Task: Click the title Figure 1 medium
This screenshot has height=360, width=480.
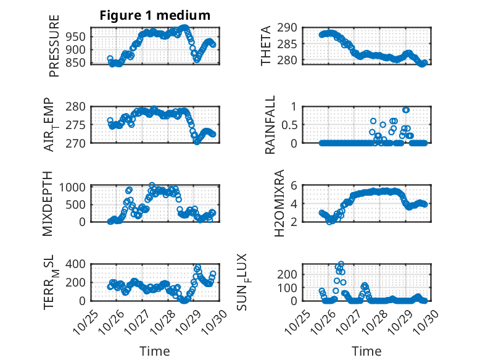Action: (x=155, y=15)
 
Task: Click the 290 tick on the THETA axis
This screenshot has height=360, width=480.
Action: (x=289, y=27)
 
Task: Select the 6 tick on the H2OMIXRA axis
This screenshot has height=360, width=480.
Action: (x=295, y=186)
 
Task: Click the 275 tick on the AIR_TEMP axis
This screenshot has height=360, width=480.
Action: (x=77, y=124)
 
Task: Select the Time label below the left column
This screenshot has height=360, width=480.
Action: (x=155, y=351)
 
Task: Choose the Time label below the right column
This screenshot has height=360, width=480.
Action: (x=366, y=351)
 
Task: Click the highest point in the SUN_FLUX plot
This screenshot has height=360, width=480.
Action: (x=341, y=264)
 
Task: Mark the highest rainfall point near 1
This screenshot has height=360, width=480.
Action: (x=405, y=110)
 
